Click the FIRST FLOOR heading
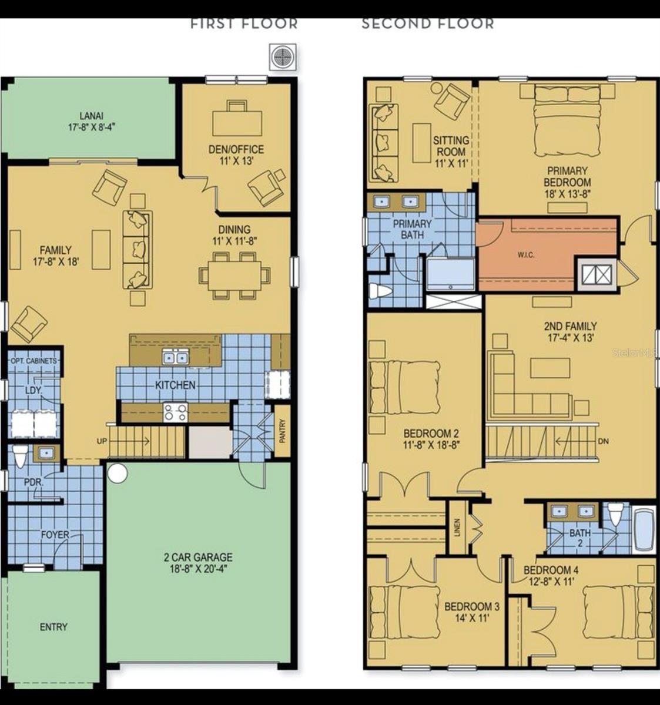coord(244,24)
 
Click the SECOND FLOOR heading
coord(427,24)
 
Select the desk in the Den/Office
coord(237,122)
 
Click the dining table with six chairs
coord(234,274)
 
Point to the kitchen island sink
coord(175,357)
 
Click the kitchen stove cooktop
coord(175,412)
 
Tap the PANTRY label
coord(283,430)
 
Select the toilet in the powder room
coord(21,456)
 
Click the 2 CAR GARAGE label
coord(198,562)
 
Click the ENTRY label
coord(53,627)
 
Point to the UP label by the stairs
coord(102,440)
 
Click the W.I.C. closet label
coord(525,255)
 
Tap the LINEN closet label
coord(457,527)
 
